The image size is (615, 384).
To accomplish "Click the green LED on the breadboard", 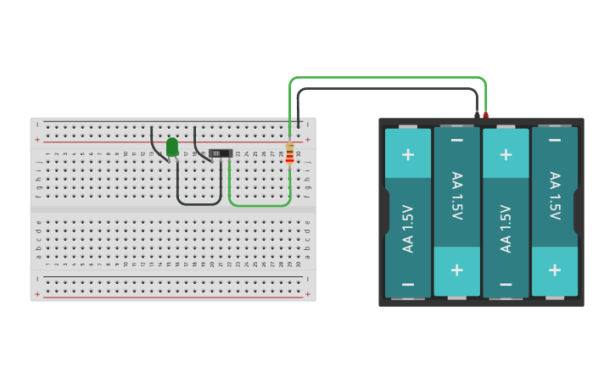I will [172, 147].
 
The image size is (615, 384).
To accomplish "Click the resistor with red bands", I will [290, 153].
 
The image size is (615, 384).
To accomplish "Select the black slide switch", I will [221, 153].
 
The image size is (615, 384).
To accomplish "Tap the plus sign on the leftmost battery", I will [408, 154].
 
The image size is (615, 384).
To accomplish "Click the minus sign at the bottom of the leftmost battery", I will [408, 284].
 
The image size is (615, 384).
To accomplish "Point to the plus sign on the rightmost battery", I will [555, 270].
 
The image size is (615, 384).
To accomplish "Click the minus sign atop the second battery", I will [457, 140].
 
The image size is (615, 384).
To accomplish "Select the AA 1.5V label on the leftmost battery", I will [408, 228].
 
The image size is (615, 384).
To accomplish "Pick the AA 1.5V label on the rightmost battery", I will [555, 196].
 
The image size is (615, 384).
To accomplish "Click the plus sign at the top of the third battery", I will [506, 154].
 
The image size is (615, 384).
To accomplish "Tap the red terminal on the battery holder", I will [486, 114].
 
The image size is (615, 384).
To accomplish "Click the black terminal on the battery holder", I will [478, 114].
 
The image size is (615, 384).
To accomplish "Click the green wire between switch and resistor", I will [259, 205].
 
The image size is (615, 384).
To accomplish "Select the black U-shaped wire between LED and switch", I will [199, 203].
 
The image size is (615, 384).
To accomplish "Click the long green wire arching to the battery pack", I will [387, 78].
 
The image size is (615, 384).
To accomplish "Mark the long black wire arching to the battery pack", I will [387, 88].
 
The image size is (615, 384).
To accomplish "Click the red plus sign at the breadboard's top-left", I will [37, 139].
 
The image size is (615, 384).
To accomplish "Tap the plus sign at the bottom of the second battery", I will [457, 270].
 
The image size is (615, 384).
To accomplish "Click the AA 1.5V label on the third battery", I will [506, 228].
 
